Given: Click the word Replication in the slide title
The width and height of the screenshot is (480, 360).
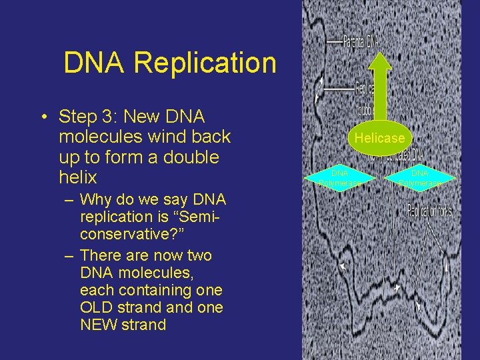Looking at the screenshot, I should pyautogui.click(x=205, y=63).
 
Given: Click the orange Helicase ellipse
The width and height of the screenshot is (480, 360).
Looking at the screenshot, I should pyautogui.click(x=379, y=139).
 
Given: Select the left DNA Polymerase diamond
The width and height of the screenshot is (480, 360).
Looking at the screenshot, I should pyautogui.click(x=341, y=178).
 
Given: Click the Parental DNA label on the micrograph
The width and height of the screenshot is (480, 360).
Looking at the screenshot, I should pyautogui.click(x=361, y=41).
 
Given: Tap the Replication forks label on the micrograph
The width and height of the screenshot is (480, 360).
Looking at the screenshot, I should pyautogui.click(x=429, y=211).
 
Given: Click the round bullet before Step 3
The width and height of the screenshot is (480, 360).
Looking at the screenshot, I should pyautogui.click(x=42, y=117).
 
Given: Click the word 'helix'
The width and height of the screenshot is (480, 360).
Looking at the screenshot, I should pyautogui.click(x=78, y=177).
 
